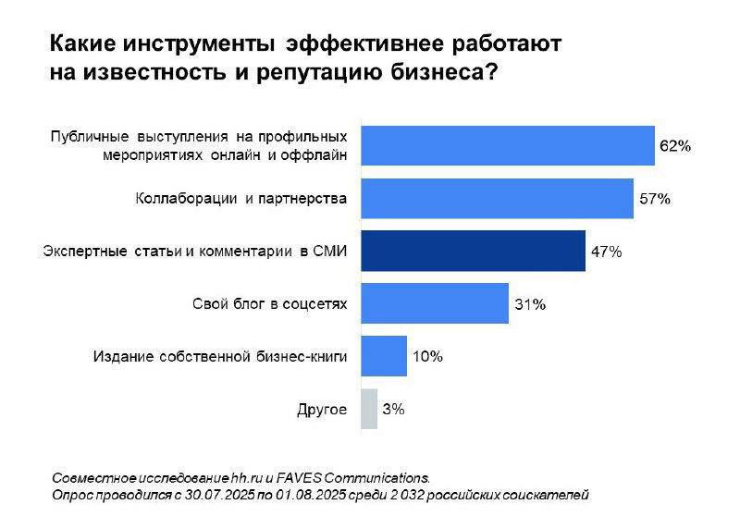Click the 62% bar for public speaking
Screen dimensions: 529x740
pos(507,145)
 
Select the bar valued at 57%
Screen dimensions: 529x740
pos(496,198)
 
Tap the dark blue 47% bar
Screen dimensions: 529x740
pos(472,251)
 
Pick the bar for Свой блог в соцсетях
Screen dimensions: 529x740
pos(434,303)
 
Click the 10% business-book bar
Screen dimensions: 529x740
pos(383,356)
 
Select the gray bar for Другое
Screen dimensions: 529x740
pos(368,409)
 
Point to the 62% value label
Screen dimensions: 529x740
pos(674,146)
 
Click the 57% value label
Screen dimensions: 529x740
pos(653,199)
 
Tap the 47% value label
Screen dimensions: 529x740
pos(605,252)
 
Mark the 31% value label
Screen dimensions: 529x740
pos(528,304)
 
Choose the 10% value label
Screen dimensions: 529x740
pos(427,356)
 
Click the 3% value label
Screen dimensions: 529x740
pos(393,409)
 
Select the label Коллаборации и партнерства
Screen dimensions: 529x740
pos(241,198)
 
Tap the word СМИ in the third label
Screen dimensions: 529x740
pos(331,251)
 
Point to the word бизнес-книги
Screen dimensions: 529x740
pos(302,356)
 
